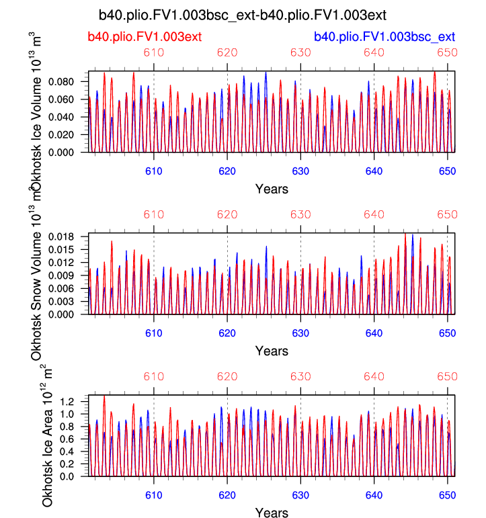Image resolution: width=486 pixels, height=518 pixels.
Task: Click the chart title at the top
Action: click(x=242, y=14)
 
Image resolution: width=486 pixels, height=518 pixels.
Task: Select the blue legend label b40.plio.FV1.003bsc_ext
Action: click(x=384, y=36)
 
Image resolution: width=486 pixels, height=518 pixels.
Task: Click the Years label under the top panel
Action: click(x=272, y=189)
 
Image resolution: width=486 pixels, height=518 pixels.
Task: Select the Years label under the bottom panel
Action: click(x=272, y=513)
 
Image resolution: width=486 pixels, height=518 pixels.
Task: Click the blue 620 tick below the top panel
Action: click(x=227, y=171)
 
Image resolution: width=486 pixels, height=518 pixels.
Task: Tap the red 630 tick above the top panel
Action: click(x=300, y=53)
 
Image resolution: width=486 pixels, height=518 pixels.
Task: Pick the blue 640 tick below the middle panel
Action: click(x=374, y=334)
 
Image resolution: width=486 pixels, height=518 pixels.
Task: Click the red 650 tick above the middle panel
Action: click(x=447, y=215)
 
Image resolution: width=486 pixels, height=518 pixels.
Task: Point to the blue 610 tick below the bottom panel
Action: click(x=154, y=496)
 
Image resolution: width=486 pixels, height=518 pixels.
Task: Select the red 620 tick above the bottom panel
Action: click(x=227, y=378)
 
